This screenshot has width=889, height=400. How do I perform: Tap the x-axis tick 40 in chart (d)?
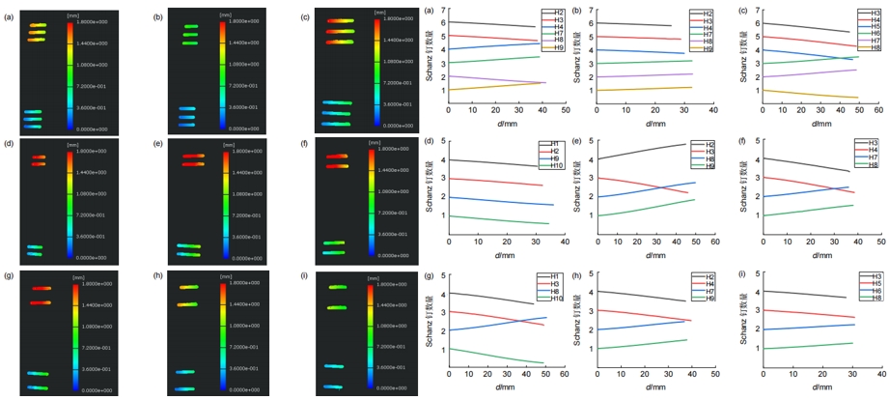pyautogui.click(x=565, y=243)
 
